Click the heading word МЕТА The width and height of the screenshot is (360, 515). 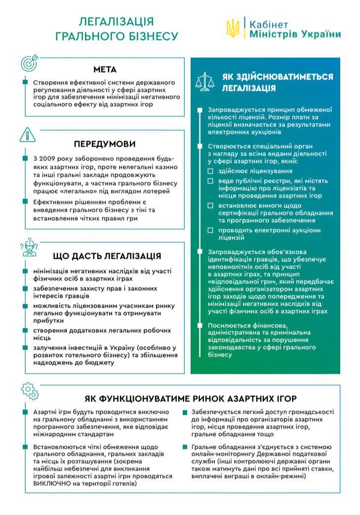[x=105, y=70]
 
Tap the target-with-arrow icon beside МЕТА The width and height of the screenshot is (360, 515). [x=29, y=63]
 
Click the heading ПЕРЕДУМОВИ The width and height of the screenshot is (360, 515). [x=105, y=144]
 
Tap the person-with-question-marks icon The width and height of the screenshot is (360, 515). [x=30, y=247]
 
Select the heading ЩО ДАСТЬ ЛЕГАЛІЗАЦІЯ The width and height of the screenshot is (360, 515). [x=107, y=256]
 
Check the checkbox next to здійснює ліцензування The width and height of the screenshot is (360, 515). [x=210, y=171]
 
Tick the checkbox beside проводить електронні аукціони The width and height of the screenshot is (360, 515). [x=210, y=230]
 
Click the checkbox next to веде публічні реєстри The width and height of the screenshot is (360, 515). [x=210, y=181]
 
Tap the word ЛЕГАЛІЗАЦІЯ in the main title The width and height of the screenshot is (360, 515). [x=117, y=21]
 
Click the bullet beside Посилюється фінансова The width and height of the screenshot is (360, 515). [x=199, y=325]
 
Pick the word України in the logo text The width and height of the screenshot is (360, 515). [x=323, y=34]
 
